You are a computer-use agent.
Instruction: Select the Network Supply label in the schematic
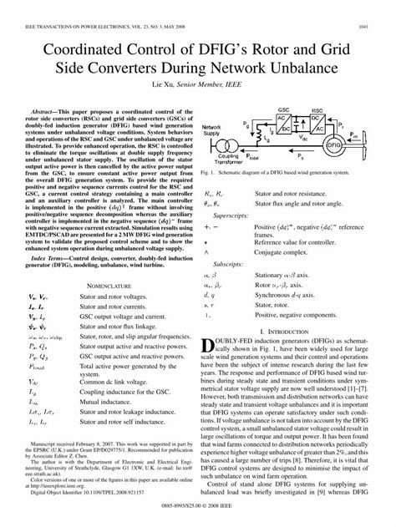click(x=216, y=130)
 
